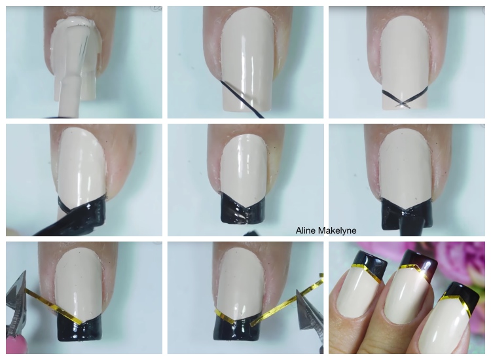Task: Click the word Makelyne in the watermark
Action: click(337, 231)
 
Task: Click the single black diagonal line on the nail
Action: click(242, 99)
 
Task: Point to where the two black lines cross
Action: click(402, 102)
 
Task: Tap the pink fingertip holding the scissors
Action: click(20, 344)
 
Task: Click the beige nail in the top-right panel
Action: click(405, 63)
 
